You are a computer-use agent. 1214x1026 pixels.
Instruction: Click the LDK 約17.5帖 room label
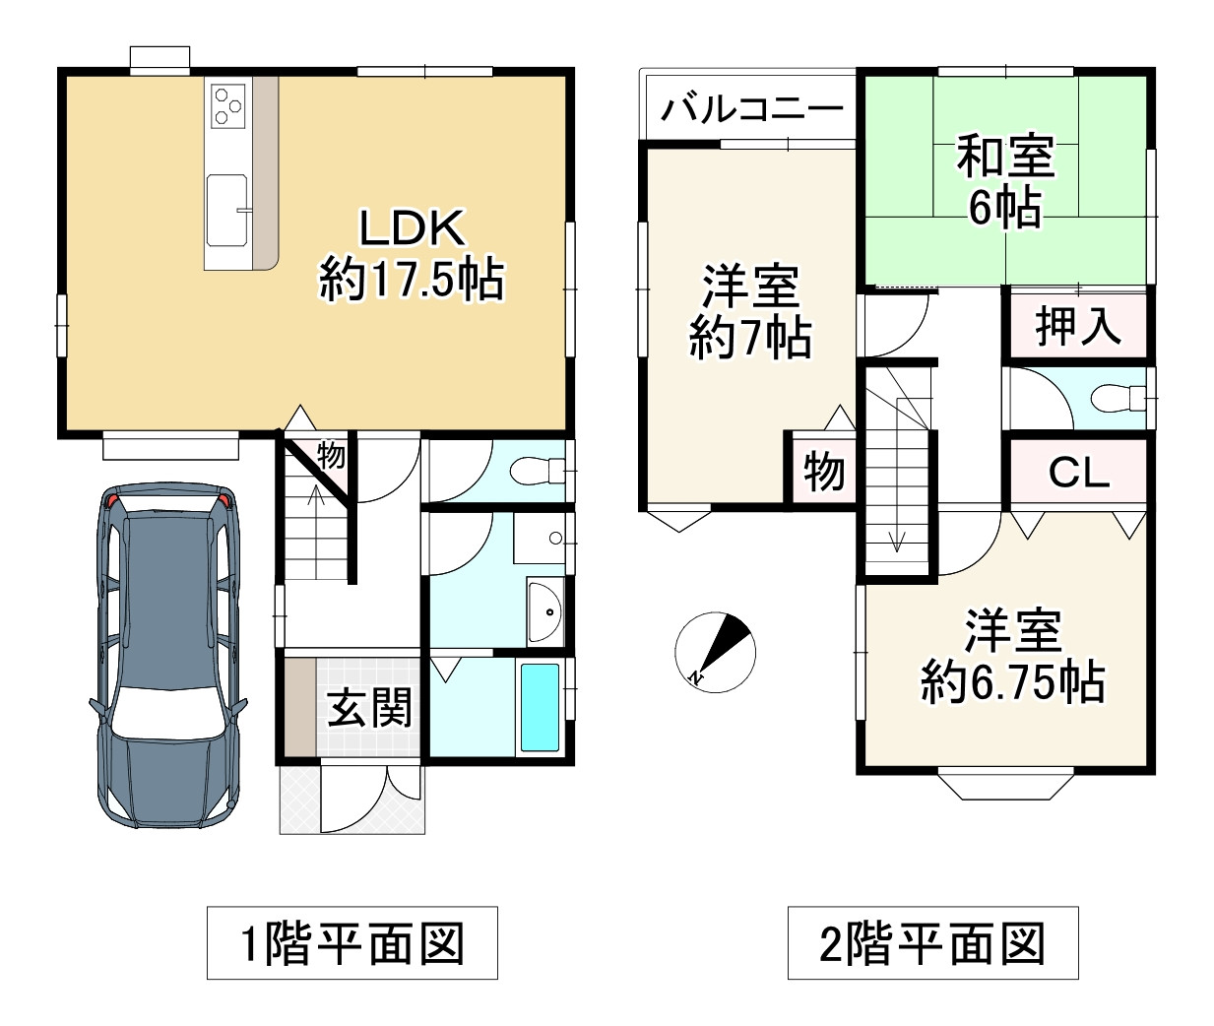413,255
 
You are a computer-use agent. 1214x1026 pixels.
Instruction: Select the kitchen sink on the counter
226,210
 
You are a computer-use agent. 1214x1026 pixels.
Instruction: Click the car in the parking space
168,656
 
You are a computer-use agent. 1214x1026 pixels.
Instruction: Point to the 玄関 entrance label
369,708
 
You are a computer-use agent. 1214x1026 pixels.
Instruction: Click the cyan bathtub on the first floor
541,707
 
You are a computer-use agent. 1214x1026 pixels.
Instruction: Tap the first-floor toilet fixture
538,470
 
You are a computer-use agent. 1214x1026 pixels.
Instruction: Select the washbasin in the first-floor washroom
545,610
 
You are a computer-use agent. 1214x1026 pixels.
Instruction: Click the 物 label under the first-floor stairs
332,456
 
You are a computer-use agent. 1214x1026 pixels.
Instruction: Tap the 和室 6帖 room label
1005,181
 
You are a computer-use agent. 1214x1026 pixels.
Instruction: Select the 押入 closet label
1078,326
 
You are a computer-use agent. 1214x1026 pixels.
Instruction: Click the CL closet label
1079,473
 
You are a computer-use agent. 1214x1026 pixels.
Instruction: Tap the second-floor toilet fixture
1118,399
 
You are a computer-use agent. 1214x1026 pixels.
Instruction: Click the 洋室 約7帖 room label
750,311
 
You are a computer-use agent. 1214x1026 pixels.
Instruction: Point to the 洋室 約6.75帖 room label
1012,657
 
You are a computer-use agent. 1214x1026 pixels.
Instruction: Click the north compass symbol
715,652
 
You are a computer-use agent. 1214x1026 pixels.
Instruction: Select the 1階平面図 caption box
352,943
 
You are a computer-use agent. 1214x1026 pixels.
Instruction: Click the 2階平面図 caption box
933,943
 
